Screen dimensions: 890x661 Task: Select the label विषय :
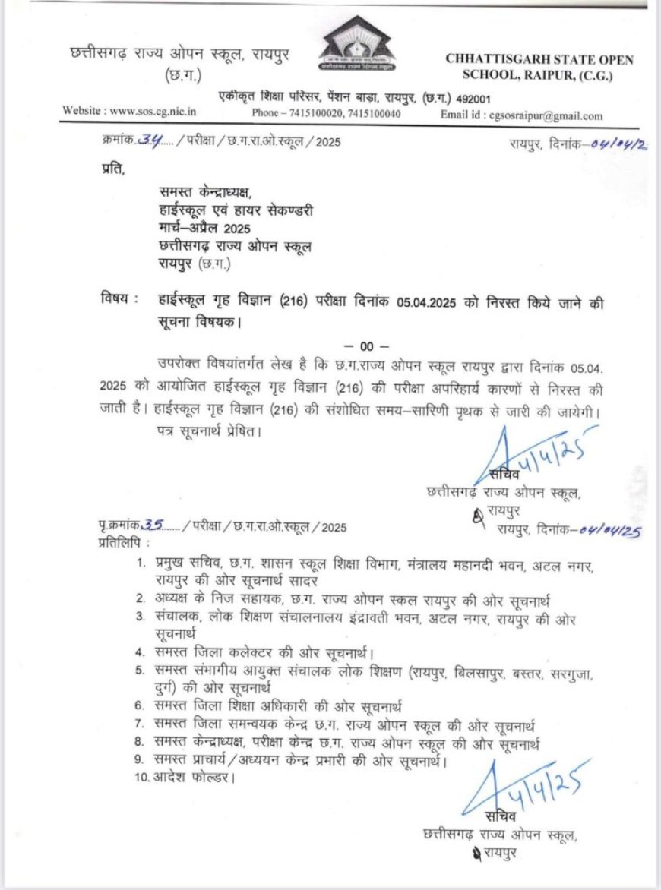click(x=119, y=298)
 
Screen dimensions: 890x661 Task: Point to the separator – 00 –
click(x=366, y=346)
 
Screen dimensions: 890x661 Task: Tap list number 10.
click(x=141, y=780)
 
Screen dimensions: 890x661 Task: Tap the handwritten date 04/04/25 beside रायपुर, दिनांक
click(x=609, y=530)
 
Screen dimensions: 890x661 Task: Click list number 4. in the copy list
click(x=141, y=652)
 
